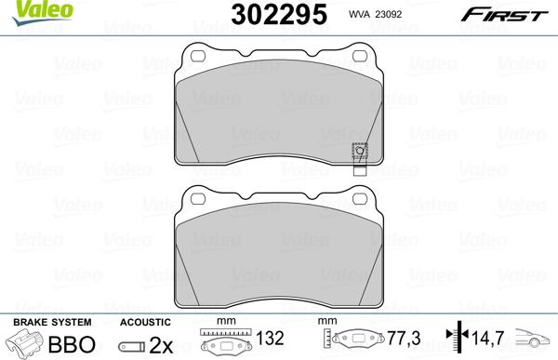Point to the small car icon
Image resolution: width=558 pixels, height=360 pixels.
pos(537,342)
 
